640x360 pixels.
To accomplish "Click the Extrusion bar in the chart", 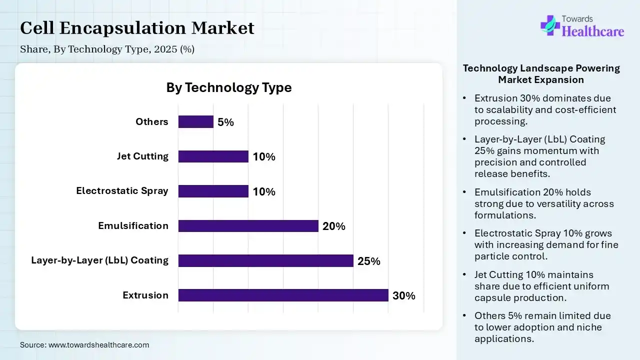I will point(283,295).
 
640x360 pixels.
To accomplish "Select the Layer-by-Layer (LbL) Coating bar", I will point(265,260).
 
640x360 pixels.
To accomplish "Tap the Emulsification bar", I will point(248,226).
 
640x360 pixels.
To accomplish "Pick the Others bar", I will point(195,122).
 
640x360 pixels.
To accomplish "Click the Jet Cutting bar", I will point(213,156).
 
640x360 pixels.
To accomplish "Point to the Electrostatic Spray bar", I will point(213,191).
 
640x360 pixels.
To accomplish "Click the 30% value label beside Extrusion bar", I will point(404,295).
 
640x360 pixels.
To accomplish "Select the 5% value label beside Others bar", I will point(225,122).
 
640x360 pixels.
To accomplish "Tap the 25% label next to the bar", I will point(369,261).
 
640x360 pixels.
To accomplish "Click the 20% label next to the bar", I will point(334,226).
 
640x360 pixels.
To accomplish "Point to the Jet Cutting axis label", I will point(142,156).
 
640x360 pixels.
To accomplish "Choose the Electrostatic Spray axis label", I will point(122,190).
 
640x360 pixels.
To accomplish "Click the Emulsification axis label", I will point(133,225).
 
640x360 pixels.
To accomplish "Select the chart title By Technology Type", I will point(228,87).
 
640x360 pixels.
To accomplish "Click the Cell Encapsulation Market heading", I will point(137,28).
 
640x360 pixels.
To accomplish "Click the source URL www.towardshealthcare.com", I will point(98,344).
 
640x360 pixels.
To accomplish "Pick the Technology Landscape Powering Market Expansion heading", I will point(541,73).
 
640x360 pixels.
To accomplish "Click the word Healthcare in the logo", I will point(593,31).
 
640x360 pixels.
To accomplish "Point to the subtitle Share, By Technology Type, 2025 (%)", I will point(107,49).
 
